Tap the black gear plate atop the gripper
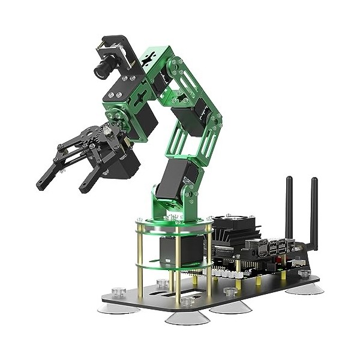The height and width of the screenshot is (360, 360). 93,133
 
